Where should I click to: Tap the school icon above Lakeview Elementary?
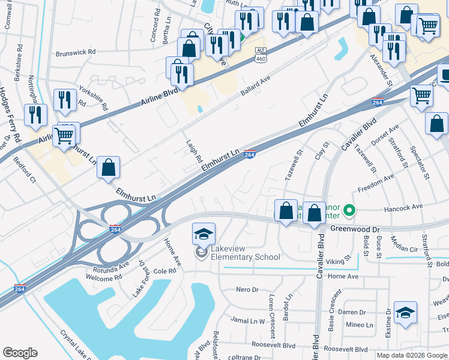(x=203, y=233)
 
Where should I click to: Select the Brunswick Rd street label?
(x=76, y=52)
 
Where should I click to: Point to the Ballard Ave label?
(x=256, y=85)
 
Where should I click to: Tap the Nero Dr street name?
(x=247, y=290)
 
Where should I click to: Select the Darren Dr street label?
(x=352, y=313)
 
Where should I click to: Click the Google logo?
(x=20, y=353)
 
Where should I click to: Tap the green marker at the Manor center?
(x=351, y=211)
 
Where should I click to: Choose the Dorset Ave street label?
(x=385, y=137)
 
